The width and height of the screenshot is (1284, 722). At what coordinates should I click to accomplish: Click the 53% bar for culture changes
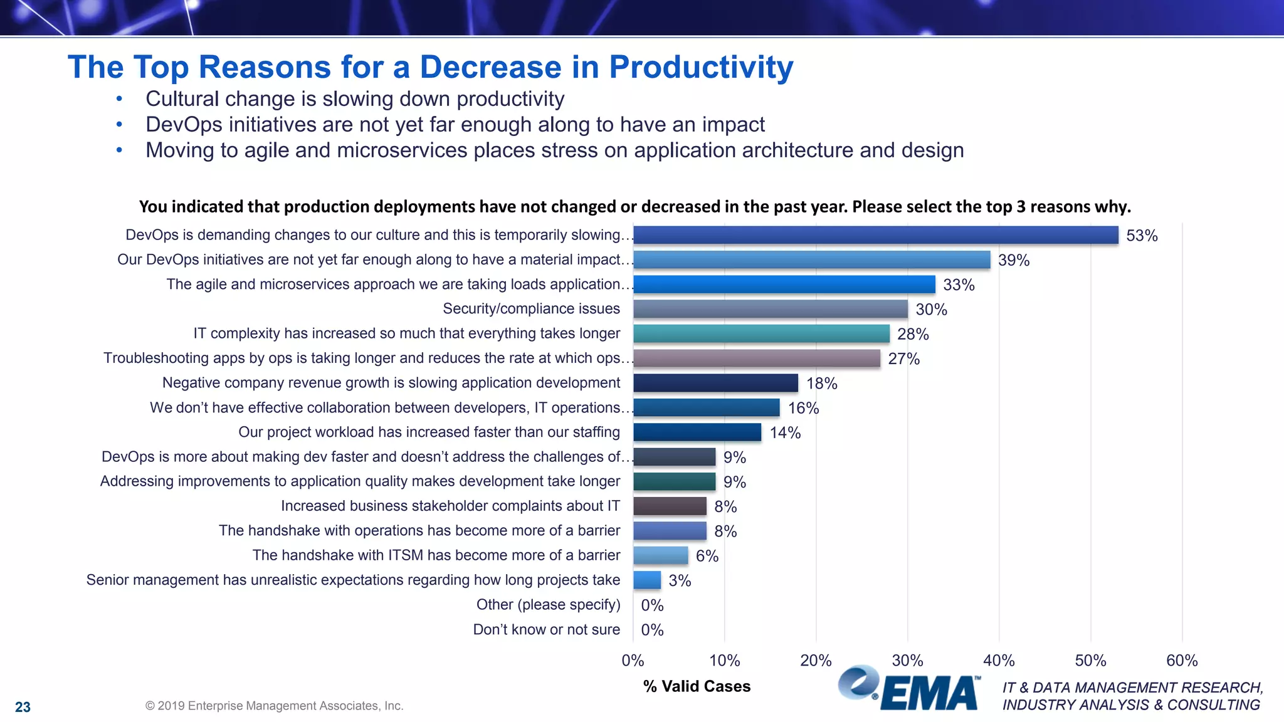pos(875,235)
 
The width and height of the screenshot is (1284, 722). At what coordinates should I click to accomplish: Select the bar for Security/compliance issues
pos(770,309)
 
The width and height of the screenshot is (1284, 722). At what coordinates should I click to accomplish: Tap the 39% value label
pos(1013,260)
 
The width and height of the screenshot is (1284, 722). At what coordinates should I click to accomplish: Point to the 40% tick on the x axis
pos(998,661)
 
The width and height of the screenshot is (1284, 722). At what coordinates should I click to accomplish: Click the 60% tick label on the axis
pos(1181,661)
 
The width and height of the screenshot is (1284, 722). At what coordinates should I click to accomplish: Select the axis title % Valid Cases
pos(697,686)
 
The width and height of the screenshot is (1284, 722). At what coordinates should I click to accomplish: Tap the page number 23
pos(23,707)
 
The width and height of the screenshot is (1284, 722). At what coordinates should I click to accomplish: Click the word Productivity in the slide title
pos(701,67)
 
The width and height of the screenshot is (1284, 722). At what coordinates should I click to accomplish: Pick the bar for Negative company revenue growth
pos(715,383)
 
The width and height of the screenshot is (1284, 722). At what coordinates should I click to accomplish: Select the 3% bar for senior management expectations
pos(646,580)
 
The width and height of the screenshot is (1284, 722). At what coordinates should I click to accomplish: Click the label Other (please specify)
pos(548,605)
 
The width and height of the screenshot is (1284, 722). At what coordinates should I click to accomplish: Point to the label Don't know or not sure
pos(546,629)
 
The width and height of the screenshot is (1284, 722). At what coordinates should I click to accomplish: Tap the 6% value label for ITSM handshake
pos(707,556)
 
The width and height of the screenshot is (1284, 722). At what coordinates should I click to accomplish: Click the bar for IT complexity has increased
pos(761,333)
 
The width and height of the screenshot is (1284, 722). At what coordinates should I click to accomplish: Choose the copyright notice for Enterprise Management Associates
pos(274,706)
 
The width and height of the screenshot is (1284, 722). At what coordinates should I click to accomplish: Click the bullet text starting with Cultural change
pos(355,99)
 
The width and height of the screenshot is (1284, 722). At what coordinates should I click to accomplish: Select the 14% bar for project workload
pos(697,432)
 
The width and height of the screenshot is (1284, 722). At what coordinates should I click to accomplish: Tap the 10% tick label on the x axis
pos(724,661)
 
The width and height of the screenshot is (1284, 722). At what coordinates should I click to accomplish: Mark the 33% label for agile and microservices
pos(958,285)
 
